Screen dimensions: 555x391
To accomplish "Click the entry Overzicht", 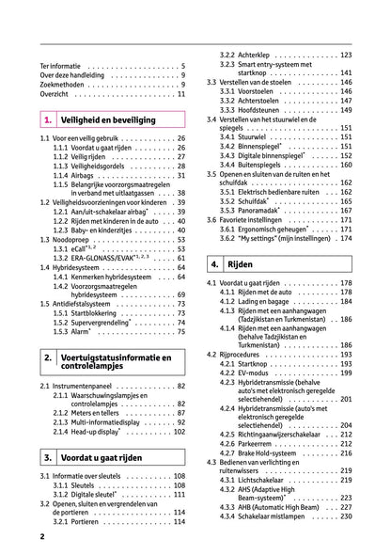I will [x=57, y=94].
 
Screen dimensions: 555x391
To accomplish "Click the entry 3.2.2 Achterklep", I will [x=244, y=55].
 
